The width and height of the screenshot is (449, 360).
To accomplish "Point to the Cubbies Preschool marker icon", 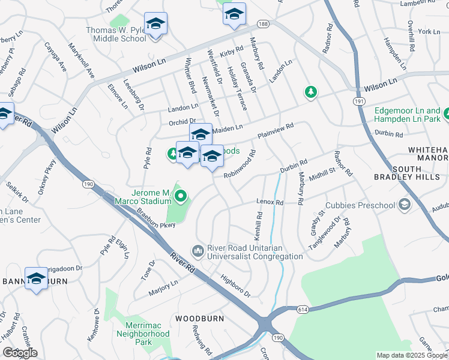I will tap(405, 205).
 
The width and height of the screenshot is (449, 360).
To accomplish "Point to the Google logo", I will tap(19, 352).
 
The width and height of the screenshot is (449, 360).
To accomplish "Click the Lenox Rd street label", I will tap(270, 203).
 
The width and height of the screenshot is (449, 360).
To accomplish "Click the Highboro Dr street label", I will tap(235, 285).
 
